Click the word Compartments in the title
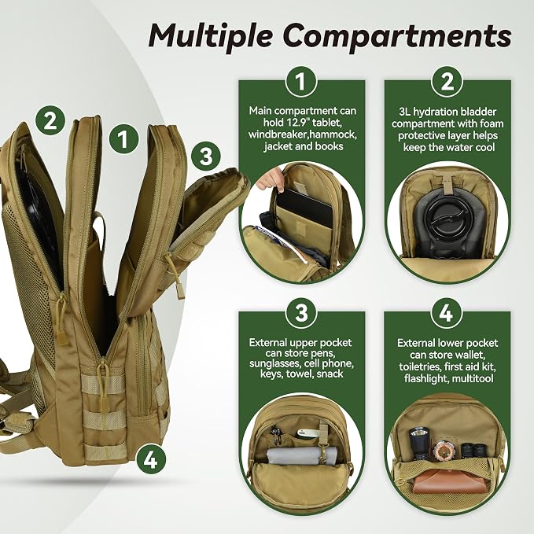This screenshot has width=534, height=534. point(397,35)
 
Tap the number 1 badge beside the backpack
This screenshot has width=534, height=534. point(123,139)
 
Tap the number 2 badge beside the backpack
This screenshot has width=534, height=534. point(50,120)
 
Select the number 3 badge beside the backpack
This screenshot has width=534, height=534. point(206,157)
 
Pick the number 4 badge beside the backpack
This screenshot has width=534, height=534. point(151,460)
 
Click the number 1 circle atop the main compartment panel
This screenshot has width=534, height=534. point(301,82)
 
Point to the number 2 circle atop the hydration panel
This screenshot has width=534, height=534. point(447,82)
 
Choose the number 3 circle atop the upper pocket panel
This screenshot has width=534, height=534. point(301,313)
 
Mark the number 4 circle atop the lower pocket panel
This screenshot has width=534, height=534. point(447,313)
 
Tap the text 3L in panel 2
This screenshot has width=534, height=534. point(404,112)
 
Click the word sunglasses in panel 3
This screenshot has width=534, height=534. point(274,363)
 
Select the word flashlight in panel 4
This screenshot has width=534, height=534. point(425,378)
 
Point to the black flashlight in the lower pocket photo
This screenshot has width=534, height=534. point(418,444)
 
